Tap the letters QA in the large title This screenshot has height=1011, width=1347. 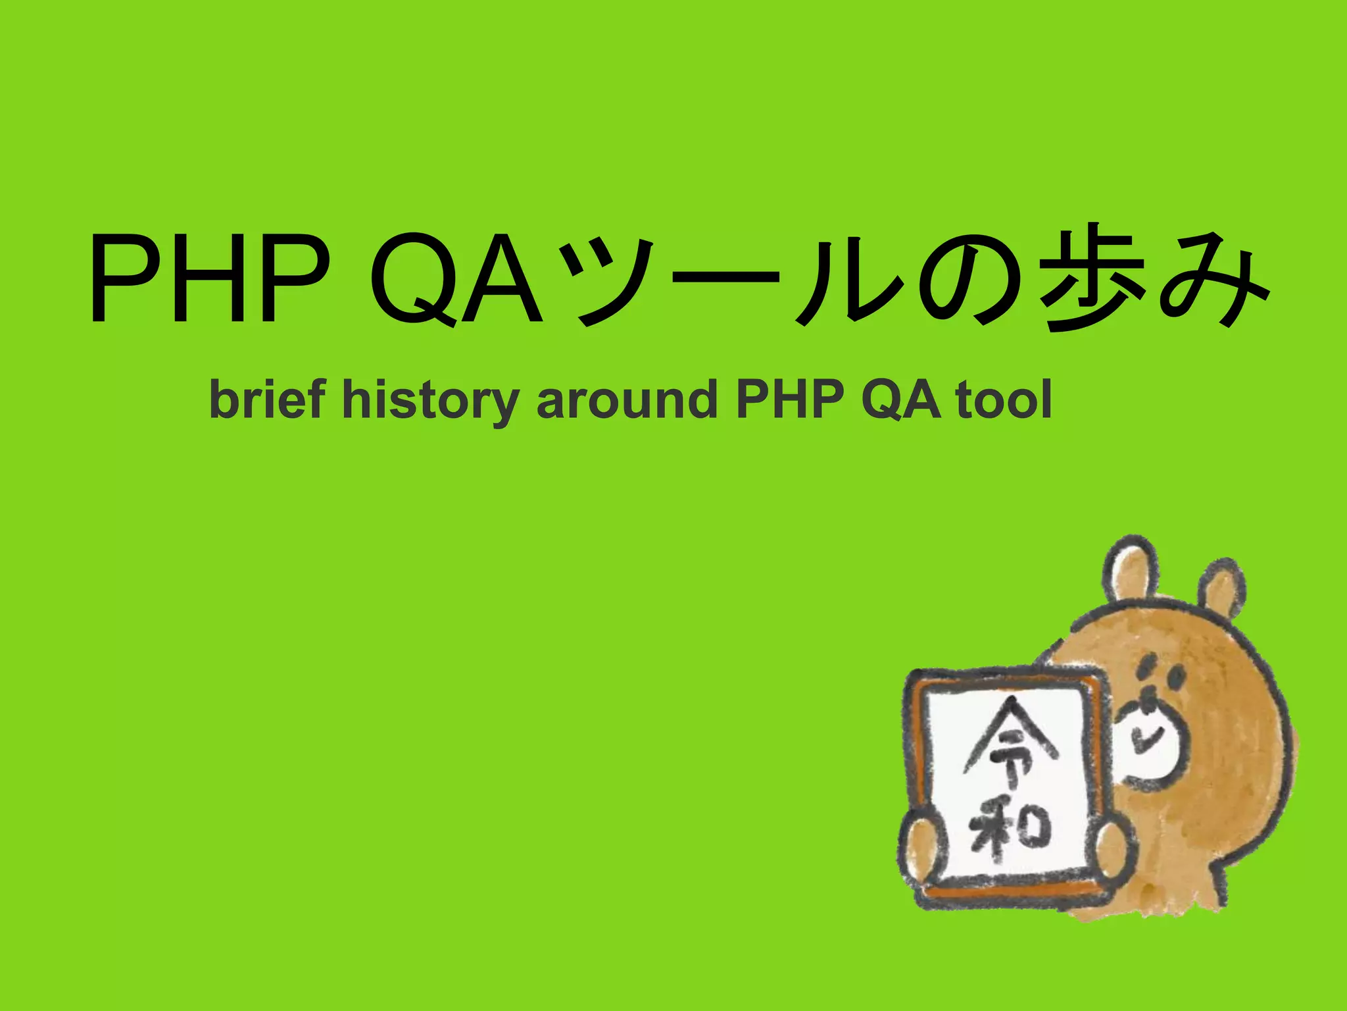[456, 279]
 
